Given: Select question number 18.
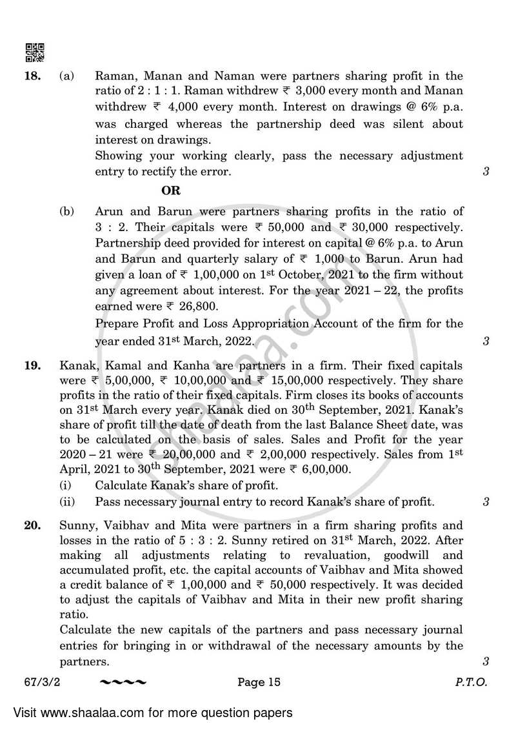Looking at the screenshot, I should pos(32,76).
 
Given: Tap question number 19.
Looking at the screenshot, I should pos(32,365).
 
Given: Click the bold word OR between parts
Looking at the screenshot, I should pos(171,190).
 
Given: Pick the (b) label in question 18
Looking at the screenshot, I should pos(66,211).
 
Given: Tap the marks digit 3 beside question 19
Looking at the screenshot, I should pos(485,502).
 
